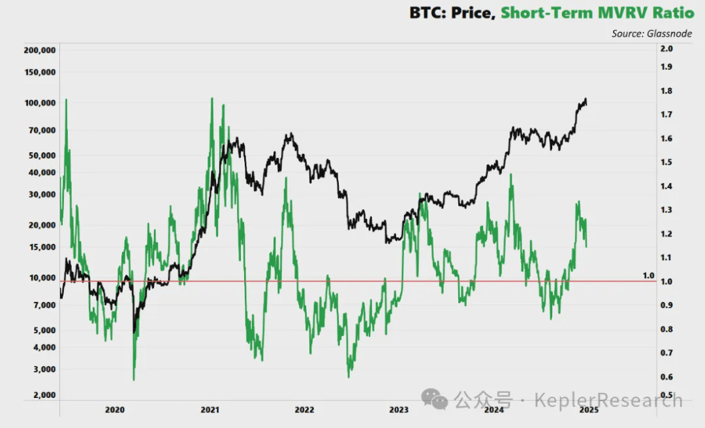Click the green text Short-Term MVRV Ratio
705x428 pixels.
[597, 12]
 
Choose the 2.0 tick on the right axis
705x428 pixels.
[666, 49]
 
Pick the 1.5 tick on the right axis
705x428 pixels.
[666, 162]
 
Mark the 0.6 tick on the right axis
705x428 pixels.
[666, 377]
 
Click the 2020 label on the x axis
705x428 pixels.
[114, 410]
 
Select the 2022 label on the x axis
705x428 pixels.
[304, 410]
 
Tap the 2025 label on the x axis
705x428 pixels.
[589, 410]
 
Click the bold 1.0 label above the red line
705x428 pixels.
[648, 276]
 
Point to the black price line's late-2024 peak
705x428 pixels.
[584, 99]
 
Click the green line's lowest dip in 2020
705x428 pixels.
[133, 379]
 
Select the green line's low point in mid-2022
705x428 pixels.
[349, 376]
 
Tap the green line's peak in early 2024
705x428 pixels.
[510, 175]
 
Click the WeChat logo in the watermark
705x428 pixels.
[435, 399]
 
